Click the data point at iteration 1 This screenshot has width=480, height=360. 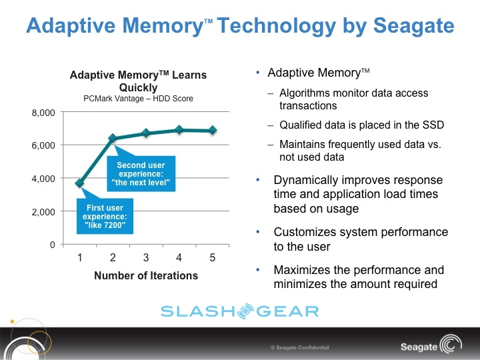pos(80,183)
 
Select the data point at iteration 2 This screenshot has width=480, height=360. pos(113,138)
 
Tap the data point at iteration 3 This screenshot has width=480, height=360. pos(146,133)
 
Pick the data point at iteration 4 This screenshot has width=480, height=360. pos(179,129)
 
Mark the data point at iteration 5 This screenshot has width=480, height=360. pos(213,130)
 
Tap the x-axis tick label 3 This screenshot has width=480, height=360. pos(146,257)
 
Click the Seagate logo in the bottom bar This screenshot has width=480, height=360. pos(427,347)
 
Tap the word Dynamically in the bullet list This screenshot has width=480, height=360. pos(304,180)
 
